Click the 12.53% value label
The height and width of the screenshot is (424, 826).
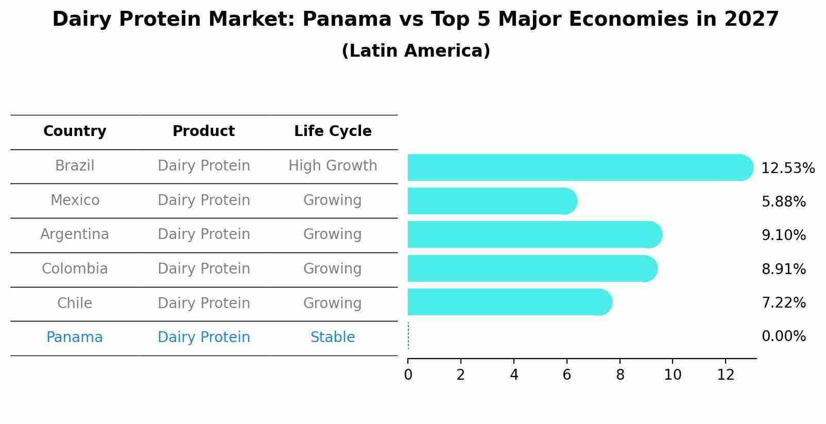pyautogui.click(x=787, y=168)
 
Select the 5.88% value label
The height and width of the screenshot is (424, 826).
pyautogui.click(x=783, y=202)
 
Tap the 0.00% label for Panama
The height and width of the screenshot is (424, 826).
pyautogui.click(x=783, y=336)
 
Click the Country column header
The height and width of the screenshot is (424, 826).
pyautogui.click(x=75, y=131)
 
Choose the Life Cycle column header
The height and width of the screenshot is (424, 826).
pyautogui.click(x=333, y=131)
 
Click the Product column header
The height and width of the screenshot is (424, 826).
pyautogui.click(x=203, y=131)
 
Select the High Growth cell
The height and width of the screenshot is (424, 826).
pyautogui.click(x=333, y=166)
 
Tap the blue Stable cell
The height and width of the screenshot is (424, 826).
pyautogui.click(x=333, y=337)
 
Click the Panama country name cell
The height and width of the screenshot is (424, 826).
pyautogui.click(x=75, y=337)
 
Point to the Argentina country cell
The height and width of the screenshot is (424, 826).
pyautogui.click(x=75, y=234)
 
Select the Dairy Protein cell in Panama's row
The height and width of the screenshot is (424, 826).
pyautogui.click(x=203, y=337)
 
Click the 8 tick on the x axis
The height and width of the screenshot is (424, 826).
pyautogui.click(x=620, y=375)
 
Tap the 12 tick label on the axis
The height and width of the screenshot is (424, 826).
pyautogui.click(x=726, y=375)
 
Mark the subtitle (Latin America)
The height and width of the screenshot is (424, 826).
pyautogui.click(x=416, y=51)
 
